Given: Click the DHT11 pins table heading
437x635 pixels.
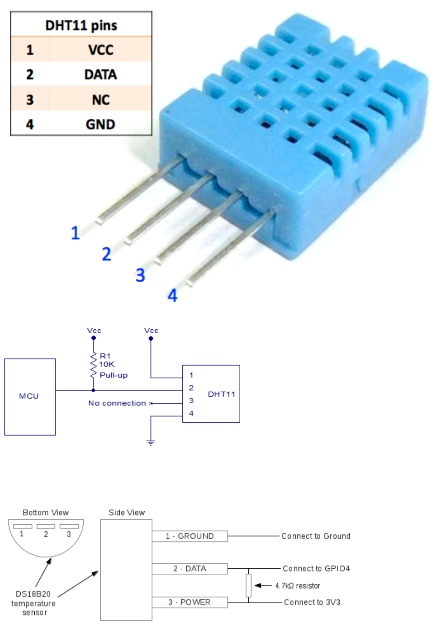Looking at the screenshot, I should [81, 25].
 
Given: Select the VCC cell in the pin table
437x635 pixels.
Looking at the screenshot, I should [101, 50].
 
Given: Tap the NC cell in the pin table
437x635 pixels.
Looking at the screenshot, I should [101, 100].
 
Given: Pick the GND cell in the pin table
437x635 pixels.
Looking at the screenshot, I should [101, 124].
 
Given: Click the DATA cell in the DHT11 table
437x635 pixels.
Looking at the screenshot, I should [101, 75].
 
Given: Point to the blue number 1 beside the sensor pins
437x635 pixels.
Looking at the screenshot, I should [75, 233].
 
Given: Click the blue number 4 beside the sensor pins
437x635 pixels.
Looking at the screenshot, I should [173, 296].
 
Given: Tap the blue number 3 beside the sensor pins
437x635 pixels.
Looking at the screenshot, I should [140, 275].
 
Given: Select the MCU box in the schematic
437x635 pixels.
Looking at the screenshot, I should [30, 397].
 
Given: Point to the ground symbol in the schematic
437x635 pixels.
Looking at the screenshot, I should [151, 442].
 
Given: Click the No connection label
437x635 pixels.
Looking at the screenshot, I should [117, 403].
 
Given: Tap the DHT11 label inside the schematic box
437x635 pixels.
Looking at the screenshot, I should [221, 394].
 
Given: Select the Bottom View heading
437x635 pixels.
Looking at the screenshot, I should [46, 512].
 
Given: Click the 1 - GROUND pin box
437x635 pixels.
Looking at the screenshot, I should [190, 536].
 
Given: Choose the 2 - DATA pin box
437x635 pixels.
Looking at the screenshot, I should [190, 569].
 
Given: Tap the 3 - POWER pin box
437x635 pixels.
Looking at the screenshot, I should [190, 602].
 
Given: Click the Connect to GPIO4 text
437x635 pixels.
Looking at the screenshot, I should [316, 569].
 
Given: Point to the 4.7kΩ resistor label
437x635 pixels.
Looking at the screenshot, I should [297, 586].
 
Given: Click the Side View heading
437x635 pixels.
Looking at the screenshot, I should [126, 512].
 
